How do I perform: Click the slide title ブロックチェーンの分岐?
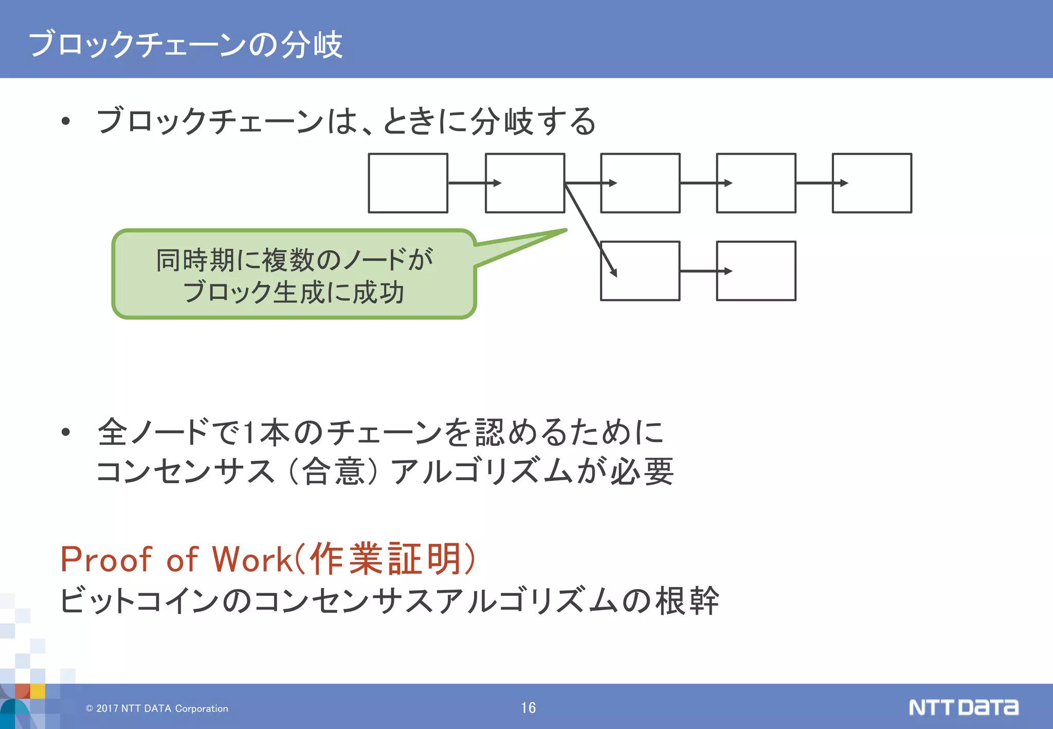pos(185,44)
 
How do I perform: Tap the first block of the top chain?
pos(408,183)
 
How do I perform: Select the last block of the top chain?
pos(872,183)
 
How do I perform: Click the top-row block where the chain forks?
pos(524,183)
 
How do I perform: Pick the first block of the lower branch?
pos(640,271)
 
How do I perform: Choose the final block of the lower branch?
pos(756,271)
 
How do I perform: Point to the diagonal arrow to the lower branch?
pos(590,229)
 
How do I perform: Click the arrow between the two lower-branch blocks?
pos(704,271)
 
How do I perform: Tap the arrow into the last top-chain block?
pos(821,183)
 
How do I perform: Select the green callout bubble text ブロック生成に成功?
pos(294,293)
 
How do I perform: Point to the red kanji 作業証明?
pos(385,559)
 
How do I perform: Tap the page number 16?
pos(528,708)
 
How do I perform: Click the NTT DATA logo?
pos(963,707)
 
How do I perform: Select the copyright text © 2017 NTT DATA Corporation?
pos(157,708)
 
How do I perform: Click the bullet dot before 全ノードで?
pos(65,432)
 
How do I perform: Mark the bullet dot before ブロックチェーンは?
pos(65,121)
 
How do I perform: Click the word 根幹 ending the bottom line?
pos(686,600)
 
